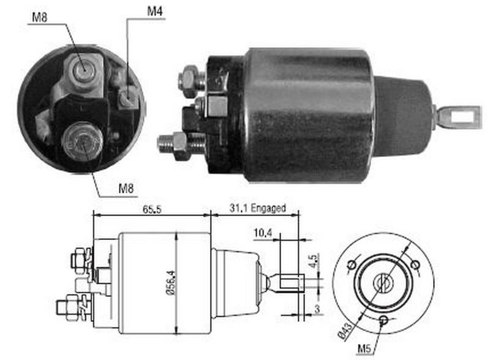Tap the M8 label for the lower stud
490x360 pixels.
pyautogui.click(x=126, y=189)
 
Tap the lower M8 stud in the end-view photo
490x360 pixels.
pyautogui.click(x=81, y=141)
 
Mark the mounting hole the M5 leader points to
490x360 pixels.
pyautogui.click(x=383, y=320)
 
